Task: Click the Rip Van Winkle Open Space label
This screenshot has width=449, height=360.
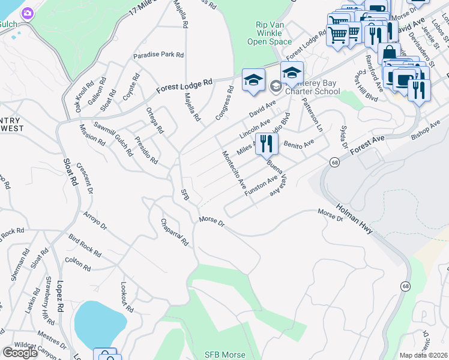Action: (270, 33)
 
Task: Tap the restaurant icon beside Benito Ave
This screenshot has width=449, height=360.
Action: (266, 144)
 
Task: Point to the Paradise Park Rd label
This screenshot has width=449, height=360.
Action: (158, 55)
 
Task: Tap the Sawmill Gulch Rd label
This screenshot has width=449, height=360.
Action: (113, 137)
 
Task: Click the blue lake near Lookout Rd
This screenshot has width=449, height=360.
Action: (100, 323)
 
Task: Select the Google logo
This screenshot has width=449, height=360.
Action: (20, 353)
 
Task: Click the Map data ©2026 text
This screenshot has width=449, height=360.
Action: (424, 355)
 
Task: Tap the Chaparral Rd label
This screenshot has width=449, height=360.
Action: (175, 232)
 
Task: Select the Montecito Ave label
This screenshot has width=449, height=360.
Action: (235, 170)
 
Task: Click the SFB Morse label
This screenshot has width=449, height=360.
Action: (224, 355)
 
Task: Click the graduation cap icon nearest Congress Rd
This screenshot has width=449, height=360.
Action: (253, 80)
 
